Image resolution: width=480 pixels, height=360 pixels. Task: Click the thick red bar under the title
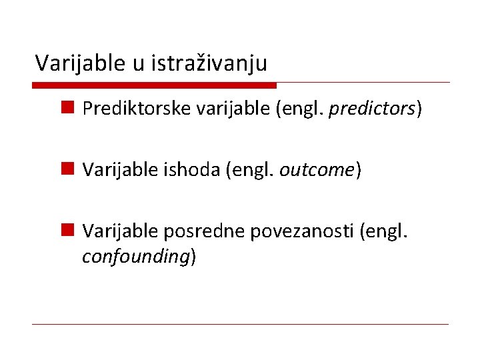(154, 85)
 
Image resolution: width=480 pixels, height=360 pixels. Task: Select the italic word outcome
(317, 170)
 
